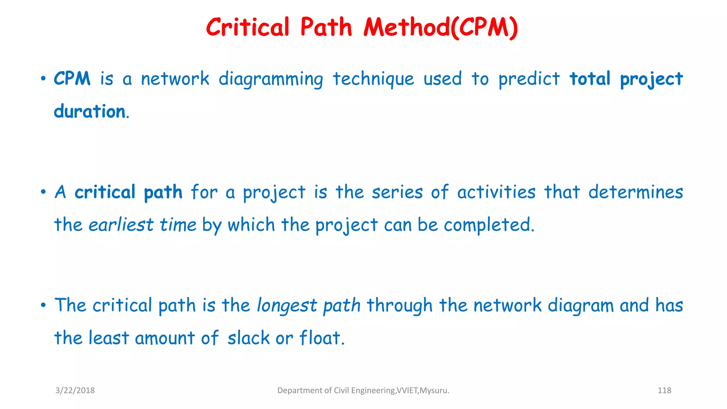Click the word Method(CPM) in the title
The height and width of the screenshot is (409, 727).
[441, 28]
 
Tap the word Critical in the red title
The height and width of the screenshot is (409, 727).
[248, 28]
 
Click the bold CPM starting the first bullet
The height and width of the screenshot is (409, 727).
[72, 78]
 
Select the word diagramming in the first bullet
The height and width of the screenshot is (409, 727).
[271, 79]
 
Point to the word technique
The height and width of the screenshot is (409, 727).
[373, 79]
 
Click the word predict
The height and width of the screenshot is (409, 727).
[529, 79]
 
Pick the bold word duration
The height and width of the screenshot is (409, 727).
[90, 111]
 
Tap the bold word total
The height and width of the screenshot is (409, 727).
[590, 78]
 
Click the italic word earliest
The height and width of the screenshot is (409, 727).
[121, 225]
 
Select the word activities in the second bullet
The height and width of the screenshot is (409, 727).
[496, 192]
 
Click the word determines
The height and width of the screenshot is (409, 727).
[635, 192]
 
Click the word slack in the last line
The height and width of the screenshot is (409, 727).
[248, 338]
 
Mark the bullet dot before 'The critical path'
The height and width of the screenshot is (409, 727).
[43, 305]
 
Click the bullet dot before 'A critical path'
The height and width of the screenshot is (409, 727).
[43, 192]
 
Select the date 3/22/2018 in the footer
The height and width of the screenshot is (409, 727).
[75, 391]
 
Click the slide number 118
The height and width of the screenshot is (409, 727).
[664, 391]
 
